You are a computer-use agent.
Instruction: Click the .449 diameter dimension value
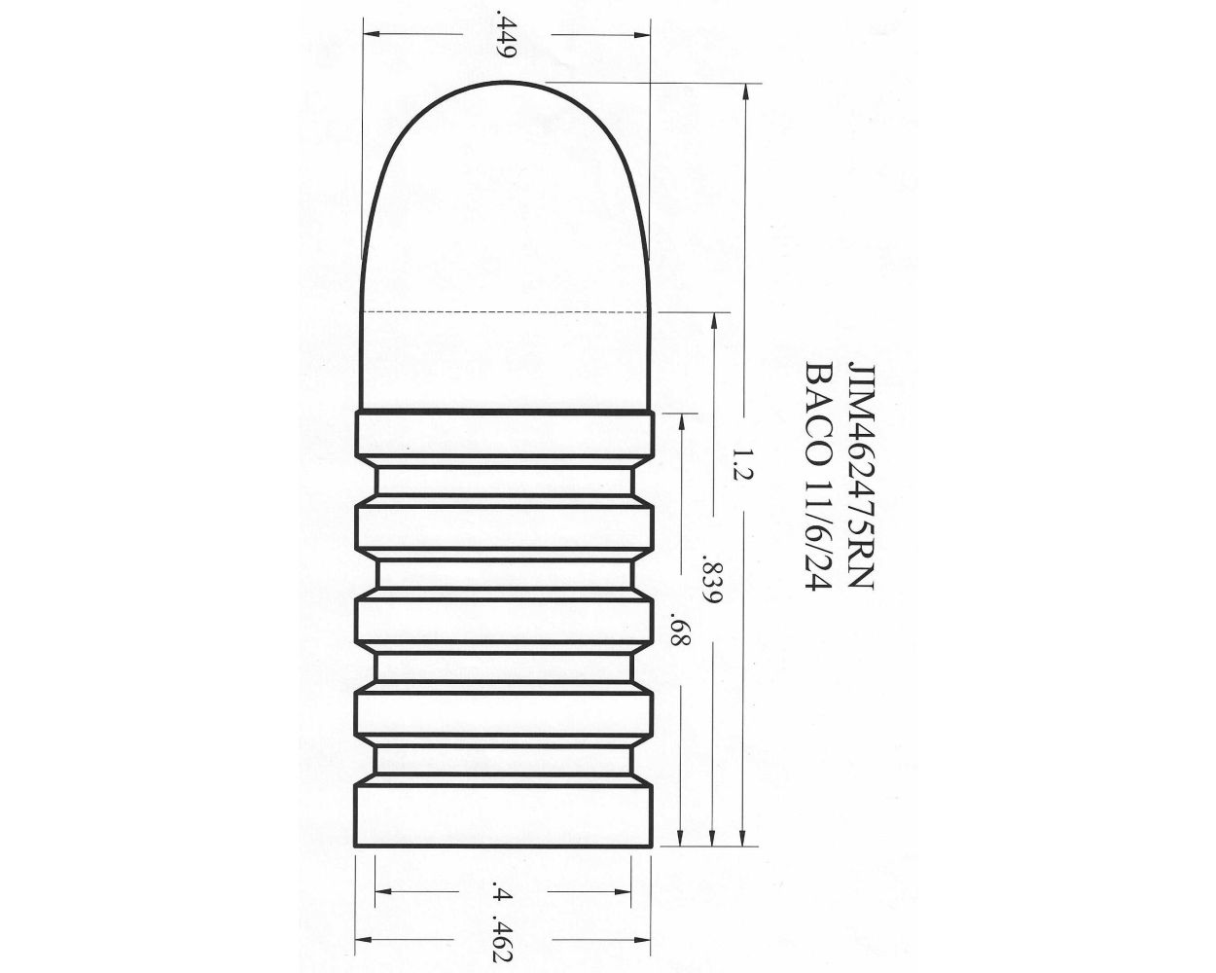504,36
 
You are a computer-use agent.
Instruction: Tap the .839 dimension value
712,581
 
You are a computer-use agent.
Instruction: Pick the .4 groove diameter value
503,892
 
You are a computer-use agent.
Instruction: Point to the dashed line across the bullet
505,312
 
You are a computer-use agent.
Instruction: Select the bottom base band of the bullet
505,817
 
